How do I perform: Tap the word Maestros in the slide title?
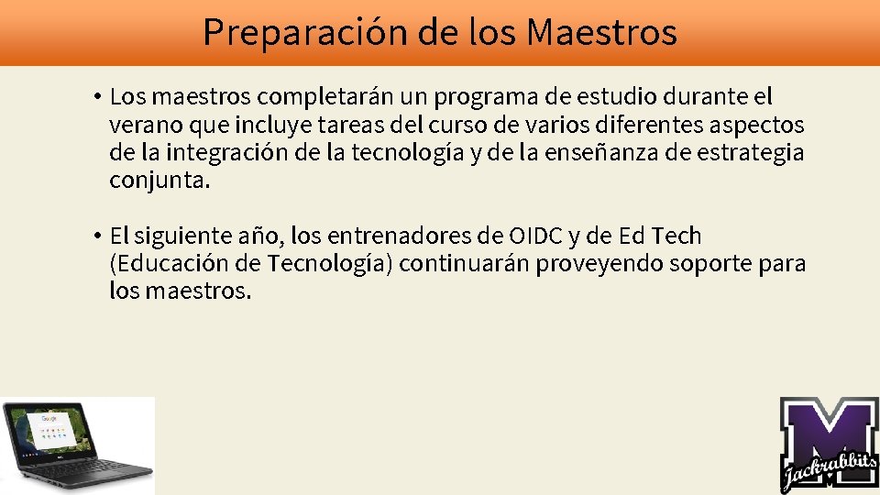(602, 32)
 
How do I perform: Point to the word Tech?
(676, 236)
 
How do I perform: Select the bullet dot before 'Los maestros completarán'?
(95, 96)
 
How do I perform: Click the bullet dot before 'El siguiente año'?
(95, 236)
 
